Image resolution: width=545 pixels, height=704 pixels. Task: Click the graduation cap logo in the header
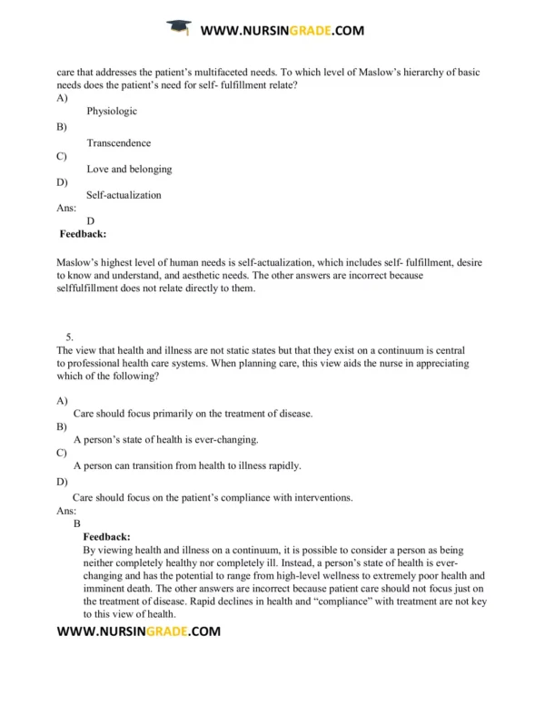180,30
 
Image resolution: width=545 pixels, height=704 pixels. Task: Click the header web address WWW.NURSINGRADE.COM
282,30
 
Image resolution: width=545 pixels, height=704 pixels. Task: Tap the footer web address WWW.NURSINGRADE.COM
138,631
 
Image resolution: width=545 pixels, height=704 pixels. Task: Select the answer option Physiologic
112,112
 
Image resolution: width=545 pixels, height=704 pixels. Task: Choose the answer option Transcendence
119,142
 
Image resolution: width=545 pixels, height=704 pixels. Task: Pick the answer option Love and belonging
129,169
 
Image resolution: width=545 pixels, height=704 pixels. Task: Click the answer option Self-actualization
124,195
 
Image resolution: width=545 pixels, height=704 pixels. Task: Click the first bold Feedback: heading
83,234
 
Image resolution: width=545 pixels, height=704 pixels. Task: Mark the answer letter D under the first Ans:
91,220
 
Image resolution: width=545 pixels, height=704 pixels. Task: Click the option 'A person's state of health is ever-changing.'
166,440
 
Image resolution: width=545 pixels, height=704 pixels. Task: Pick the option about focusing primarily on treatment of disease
193,414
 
